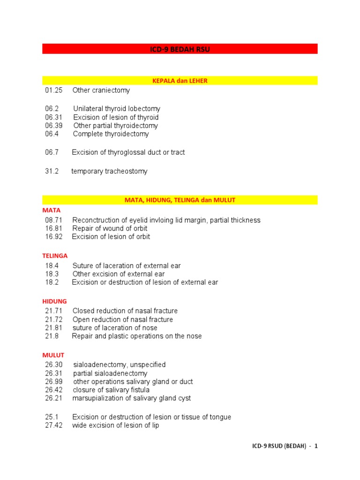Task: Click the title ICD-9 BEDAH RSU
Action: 180,49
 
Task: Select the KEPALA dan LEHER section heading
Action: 180,81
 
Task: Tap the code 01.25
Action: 53,90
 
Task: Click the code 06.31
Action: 53,117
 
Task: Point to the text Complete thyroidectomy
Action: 111,134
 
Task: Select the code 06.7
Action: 52,152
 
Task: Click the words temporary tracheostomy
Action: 109,171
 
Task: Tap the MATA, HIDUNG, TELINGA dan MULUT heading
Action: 180,200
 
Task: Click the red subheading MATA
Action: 51,210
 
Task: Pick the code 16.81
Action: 53,228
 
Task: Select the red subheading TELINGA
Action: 55,256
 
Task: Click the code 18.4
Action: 52,266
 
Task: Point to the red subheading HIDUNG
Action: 54,301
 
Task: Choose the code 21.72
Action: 53,320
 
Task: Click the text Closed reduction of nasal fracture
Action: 125,311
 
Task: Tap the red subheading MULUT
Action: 53,355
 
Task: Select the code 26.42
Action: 53,390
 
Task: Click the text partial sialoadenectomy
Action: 110,374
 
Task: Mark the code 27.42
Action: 53,426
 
